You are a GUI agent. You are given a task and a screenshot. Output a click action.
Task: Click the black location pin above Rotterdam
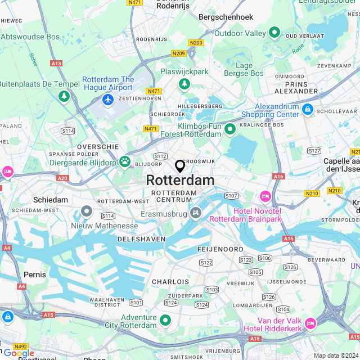(180, 166)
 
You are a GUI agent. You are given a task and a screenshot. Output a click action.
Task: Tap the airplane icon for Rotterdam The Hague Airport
(107, 100)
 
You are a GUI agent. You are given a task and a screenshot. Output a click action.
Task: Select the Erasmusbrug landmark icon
(195, 213)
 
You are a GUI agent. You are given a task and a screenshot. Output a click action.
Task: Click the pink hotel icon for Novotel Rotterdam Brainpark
(265, 197)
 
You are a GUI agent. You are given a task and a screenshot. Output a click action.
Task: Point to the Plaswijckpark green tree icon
(184, 84)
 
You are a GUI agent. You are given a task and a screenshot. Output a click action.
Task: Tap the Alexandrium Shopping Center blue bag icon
(307, 110)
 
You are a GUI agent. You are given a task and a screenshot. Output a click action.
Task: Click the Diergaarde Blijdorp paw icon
(124, 162)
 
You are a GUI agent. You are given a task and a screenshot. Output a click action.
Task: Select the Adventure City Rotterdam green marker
(165, 321)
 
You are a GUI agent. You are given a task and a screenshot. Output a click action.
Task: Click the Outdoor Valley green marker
(274, 33)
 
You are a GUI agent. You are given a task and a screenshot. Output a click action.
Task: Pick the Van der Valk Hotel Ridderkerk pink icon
(310, 322)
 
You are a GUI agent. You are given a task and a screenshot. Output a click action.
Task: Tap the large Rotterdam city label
(180, 181)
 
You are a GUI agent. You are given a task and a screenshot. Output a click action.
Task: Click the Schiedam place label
(51, 200)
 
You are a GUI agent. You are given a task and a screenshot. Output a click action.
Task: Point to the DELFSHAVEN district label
(141, 239)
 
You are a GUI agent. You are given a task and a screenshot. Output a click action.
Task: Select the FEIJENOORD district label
(220, 249)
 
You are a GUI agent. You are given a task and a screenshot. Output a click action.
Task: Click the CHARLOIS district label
(170, 281)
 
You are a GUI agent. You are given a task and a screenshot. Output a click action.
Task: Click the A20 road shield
(62, 178)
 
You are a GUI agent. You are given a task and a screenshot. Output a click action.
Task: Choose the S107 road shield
(231, 196)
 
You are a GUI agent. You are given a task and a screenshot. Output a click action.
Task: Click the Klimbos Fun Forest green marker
(229, 130)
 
